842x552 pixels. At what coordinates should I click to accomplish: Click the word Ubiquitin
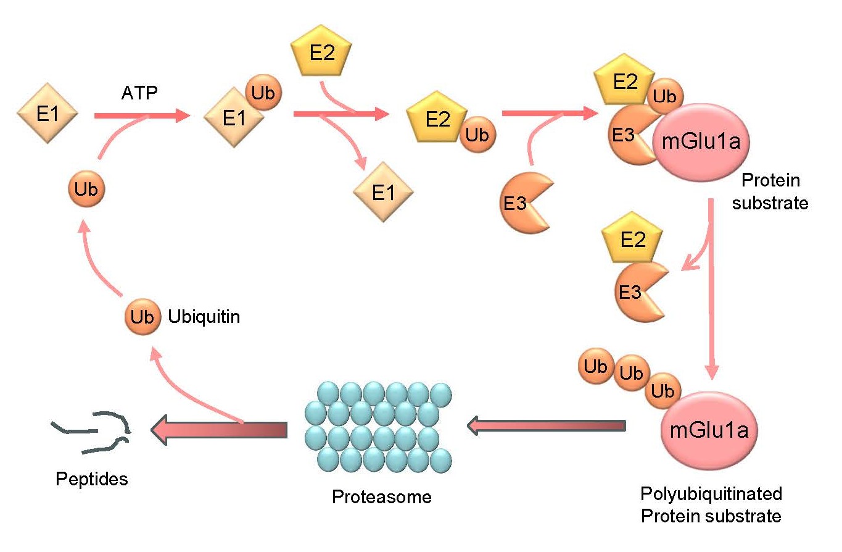[x=204, y=317]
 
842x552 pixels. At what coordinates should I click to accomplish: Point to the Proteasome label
[x=381, y=496]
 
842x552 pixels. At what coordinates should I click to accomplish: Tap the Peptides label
[x=92, y=479]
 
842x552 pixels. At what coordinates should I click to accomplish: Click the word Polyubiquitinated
[x=711, y=493]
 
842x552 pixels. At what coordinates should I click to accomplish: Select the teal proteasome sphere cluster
[x=378, y=426]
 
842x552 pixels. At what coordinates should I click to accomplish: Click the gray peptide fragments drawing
[x=93, y=429]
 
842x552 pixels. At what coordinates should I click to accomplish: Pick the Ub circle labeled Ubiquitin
[x=142, y=317]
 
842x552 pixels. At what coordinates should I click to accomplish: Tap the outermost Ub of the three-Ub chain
[x=596, y=366]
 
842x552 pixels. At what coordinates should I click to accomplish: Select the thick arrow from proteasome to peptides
[x=220, y=430]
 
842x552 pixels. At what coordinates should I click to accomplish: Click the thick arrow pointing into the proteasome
[x=547, y=425]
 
